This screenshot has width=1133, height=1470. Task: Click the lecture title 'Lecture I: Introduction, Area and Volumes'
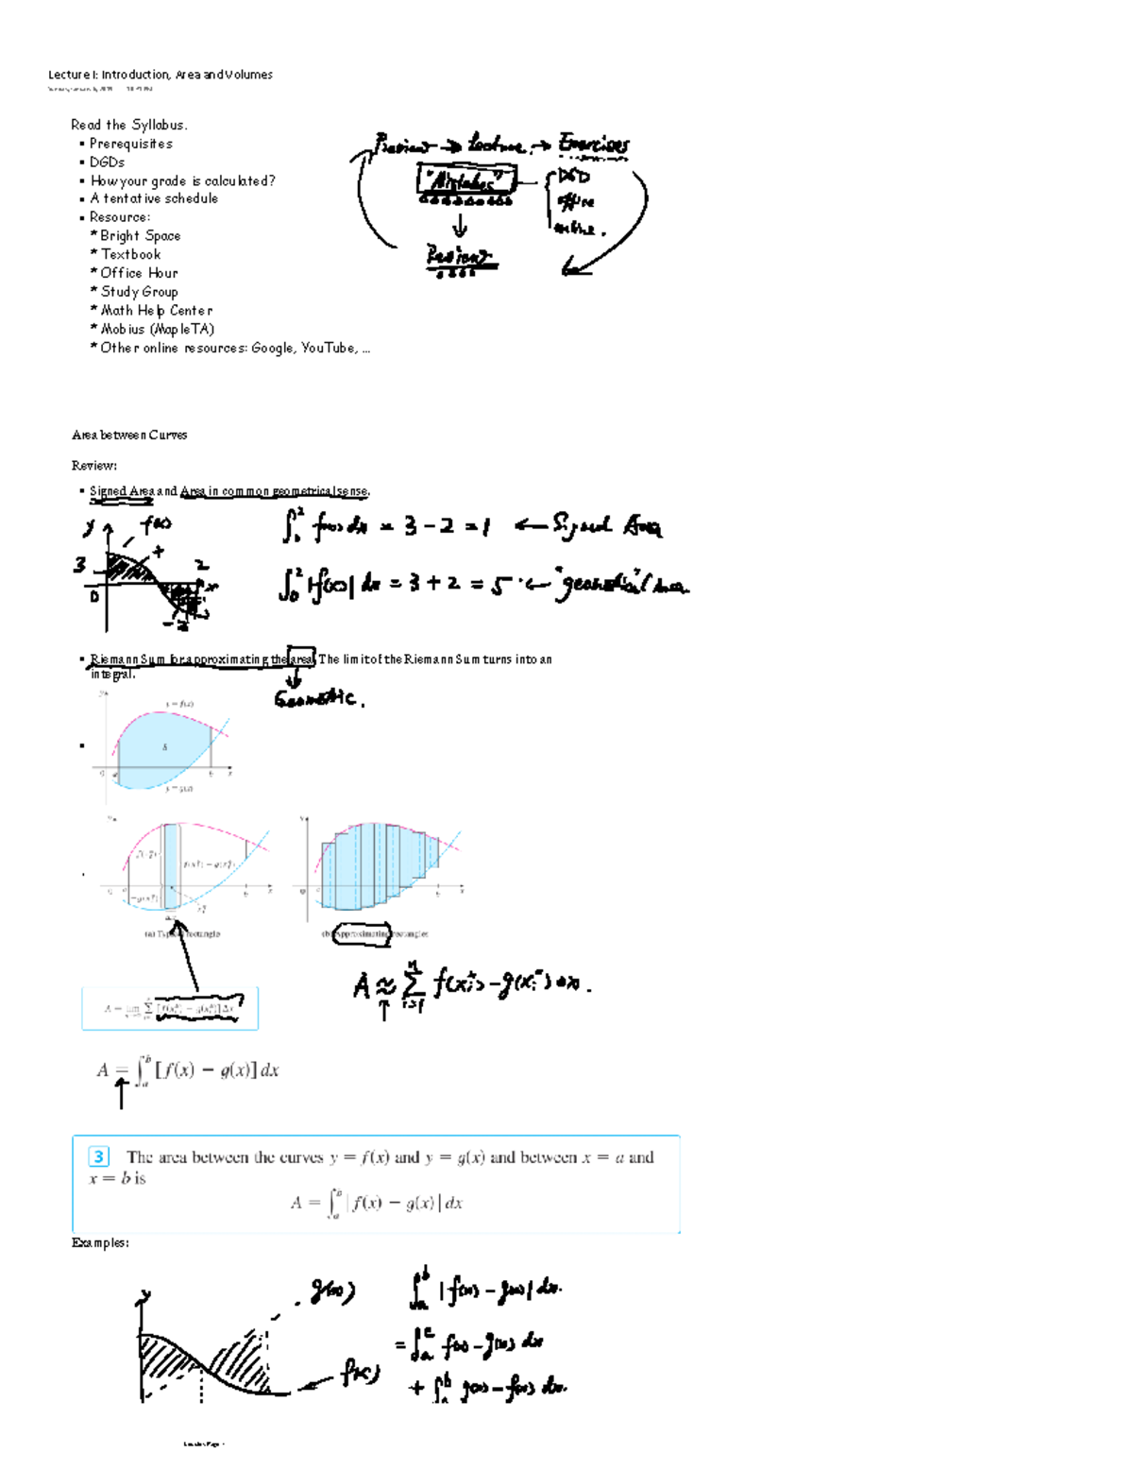pyautogui.click(x=161, y=75)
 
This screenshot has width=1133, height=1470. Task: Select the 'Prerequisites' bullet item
pyautogui.click(x=130, y=144)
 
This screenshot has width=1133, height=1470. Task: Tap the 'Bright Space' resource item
pyautogui.click(x=140, y=235)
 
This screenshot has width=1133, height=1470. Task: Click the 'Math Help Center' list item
pyautogui.click(x=156, y=310)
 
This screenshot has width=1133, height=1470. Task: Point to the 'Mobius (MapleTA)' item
pyautogui.click(x=157, y=329)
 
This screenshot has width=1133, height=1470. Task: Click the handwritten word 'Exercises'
pyautogui.click(x=593, y=144)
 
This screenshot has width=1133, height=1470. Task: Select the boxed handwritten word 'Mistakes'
pyautogui.click(x=465, y=179)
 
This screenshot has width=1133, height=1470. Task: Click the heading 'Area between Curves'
pyautogui.click(x=129, y=435)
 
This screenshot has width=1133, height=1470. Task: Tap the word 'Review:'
pyautogui.click(x=94, y=465)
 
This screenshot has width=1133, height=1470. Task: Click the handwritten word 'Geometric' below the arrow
pyautogui.click(x=316, y=699)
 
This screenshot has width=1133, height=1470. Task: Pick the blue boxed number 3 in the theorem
pyautogui.click(x=98, y=1156)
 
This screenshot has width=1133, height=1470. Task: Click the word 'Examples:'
pyautogui.click(x=100, y=1242)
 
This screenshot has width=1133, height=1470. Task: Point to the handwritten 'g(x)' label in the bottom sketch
pyautogui.click(x=332, y=1291)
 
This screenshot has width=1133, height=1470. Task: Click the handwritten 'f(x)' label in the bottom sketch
pyautogui.click(x=359, y=1373)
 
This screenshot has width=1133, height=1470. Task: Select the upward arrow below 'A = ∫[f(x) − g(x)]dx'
pyautogui.click(x=121, y=1093)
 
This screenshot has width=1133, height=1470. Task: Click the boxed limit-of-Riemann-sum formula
pyautogui.click(x=170, y=1008)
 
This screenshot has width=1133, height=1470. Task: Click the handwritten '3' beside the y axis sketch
pyautogui.click(x=80, y=564)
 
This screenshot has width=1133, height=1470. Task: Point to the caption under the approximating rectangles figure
pyautogui.click(x=376, y=933)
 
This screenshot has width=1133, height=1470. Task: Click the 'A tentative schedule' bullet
pyautogui.click(x=154, y=198)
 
